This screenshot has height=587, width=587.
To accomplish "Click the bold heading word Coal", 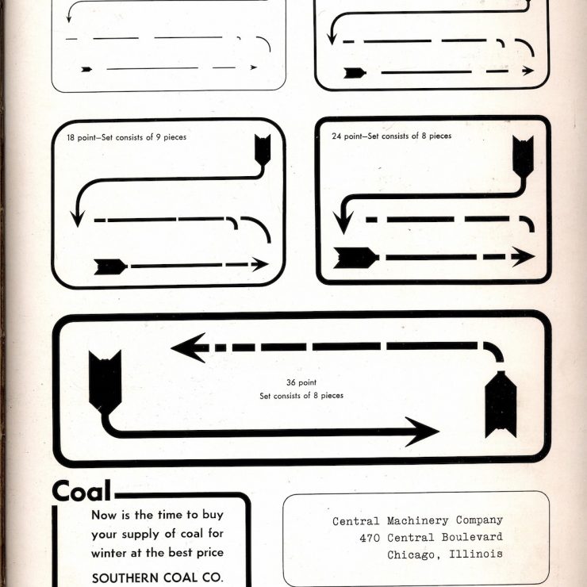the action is [82, 491].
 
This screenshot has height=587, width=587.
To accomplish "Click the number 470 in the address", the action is [370, 539].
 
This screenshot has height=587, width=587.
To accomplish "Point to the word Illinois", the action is [476, 554].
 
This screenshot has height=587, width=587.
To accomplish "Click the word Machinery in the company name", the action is [417, 520].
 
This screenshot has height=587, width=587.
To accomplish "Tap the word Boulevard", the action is [472, 537].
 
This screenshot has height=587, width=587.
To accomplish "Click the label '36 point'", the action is [301, 382].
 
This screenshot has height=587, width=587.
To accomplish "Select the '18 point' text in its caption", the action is [81, 137].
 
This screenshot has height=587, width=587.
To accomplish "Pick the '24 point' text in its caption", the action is [347, 136].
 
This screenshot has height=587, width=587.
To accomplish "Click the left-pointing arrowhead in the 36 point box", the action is [188, 347].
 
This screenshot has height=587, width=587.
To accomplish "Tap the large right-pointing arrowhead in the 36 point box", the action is [421, 432].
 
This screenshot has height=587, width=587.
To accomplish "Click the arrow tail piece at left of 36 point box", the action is [105, 382].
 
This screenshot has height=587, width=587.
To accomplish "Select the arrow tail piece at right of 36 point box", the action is [501, 405].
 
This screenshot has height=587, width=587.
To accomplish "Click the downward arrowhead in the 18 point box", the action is [78, 219].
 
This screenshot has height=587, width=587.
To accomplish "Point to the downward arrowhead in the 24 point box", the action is [343, 222].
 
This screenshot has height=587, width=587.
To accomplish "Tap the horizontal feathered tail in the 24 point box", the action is [355, 258].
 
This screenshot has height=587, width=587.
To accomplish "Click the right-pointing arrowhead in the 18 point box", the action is [260, 264].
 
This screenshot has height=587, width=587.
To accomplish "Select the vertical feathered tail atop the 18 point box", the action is [263, 150].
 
